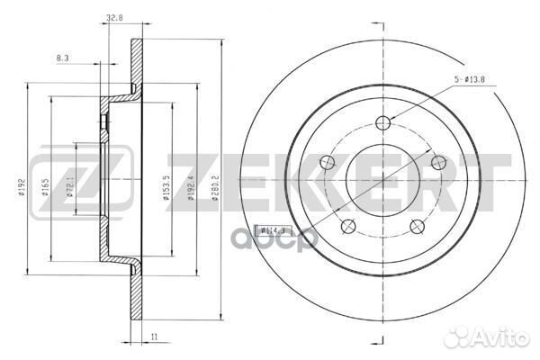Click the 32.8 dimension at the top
(114, 16)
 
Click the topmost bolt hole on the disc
(383, 123)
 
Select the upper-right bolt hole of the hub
(438, 162)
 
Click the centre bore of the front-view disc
(384, 179)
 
